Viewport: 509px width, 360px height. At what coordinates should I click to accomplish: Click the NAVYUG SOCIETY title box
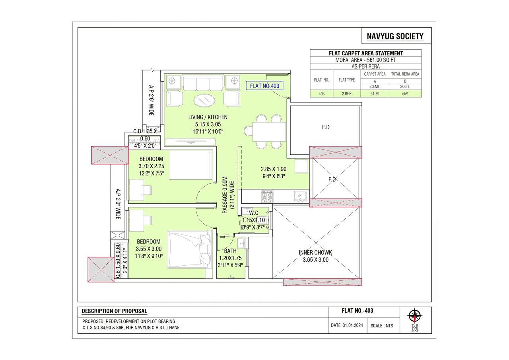click(396, 37)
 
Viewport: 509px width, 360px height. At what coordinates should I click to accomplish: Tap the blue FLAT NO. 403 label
click(264, 86)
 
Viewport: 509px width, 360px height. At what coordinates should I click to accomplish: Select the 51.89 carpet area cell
click(375, 94)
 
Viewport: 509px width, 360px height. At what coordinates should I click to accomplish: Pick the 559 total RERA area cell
click(405, 94)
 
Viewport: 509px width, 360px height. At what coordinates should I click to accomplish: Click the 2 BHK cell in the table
click(346, 94)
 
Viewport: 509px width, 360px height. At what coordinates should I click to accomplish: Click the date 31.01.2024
click(347, 325)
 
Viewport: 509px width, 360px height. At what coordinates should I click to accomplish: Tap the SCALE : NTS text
click(381, 325)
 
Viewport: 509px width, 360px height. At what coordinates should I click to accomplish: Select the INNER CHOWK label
click(315, 253)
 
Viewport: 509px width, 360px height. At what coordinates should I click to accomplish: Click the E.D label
click(326, 128)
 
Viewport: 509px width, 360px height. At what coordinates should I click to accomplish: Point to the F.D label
click(332, 179)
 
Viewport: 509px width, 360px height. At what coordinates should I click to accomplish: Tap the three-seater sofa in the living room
click(203, 84)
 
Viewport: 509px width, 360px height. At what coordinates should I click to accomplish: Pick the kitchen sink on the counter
click(299, 196)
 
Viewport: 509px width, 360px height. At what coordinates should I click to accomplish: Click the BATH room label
click(230, 251)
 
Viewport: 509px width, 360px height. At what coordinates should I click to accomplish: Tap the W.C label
click(254, 213)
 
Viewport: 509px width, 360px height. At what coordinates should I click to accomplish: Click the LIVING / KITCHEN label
click(208, 117)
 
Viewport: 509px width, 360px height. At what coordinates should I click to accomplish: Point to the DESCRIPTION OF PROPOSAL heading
click(114, 311)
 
